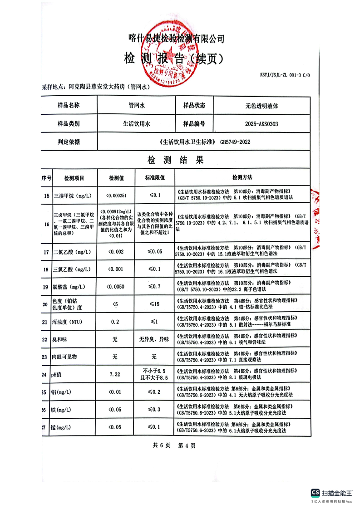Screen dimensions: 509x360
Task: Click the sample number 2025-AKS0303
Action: pyautogui.click(x=258, y=123)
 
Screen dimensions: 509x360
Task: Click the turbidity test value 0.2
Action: pyautogui.click(x=114, y=322)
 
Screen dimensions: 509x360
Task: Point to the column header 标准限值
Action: pyautogui.click(x=154, y=178)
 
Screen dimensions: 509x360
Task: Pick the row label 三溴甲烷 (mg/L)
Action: pyautogui.click(x=73, y=196)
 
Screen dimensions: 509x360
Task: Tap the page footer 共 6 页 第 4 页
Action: pyautogui.click(x=174, y=445)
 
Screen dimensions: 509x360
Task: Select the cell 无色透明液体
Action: pyautogui.click(x=258, y=105)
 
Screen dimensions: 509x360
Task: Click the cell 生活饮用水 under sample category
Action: pyautogui.click(x=136, y=123)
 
